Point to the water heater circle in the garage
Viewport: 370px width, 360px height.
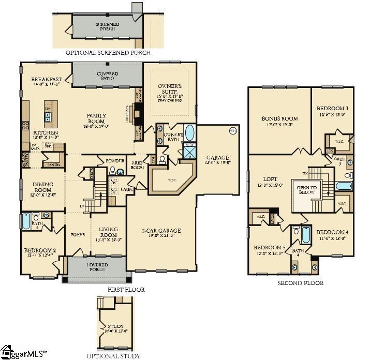[x=232, y=130]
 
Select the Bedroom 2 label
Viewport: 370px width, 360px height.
[x=39, y=252]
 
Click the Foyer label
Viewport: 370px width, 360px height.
[x=78, y=234]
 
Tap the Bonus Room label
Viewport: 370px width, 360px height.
[x=277, y=121]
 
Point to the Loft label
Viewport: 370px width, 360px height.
[x=270, y=182]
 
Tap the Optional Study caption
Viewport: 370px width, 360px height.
[x=113, y=355]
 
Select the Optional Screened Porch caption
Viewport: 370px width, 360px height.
[x=108, y=53]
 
